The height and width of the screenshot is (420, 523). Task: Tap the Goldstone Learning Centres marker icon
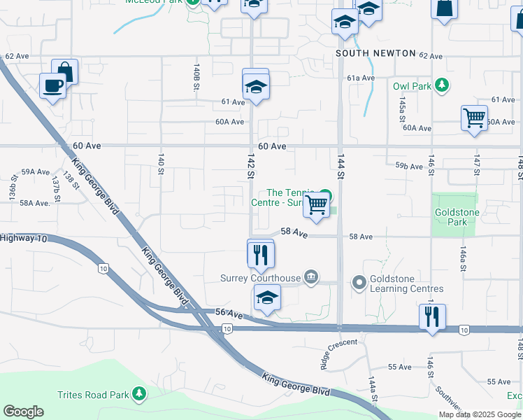pyautogui.click(x=359, y=283)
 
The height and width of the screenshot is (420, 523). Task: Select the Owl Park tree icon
pyautogui.click(x=441, y=85)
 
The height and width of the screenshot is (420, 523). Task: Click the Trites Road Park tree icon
pyautogui.click(x=139, y=394)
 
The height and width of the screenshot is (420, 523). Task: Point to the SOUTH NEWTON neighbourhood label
pyautogui.click(x=375, y=53)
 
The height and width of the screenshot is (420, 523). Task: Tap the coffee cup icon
pyautogui.click(x=52, y=86)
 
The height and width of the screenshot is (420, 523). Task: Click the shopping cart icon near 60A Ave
pyautogui.click(x=474, y=117)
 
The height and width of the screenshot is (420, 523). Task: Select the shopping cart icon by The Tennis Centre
pyautogui.click(x=317, y=204)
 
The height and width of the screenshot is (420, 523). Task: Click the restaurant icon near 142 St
pyautogui.click(x=261, y=254)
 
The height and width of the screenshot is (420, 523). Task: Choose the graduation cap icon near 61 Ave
pyautogui.click(x=256, y=87)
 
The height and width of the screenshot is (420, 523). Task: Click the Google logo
pyautogui.click(x=23, y=412)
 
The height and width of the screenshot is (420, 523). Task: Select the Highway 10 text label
pyautogui.click(x=23, y=239)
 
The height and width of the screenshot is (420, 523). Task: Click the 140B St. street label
pyautogui.click(x=196, y=76)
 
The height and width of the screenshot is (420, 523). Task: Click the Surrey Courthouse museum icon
pyautogui.click(x=311, y=278)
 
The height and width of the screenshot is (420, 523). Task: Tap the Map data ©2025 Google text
pyautogui.click(x=480, y=414)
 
